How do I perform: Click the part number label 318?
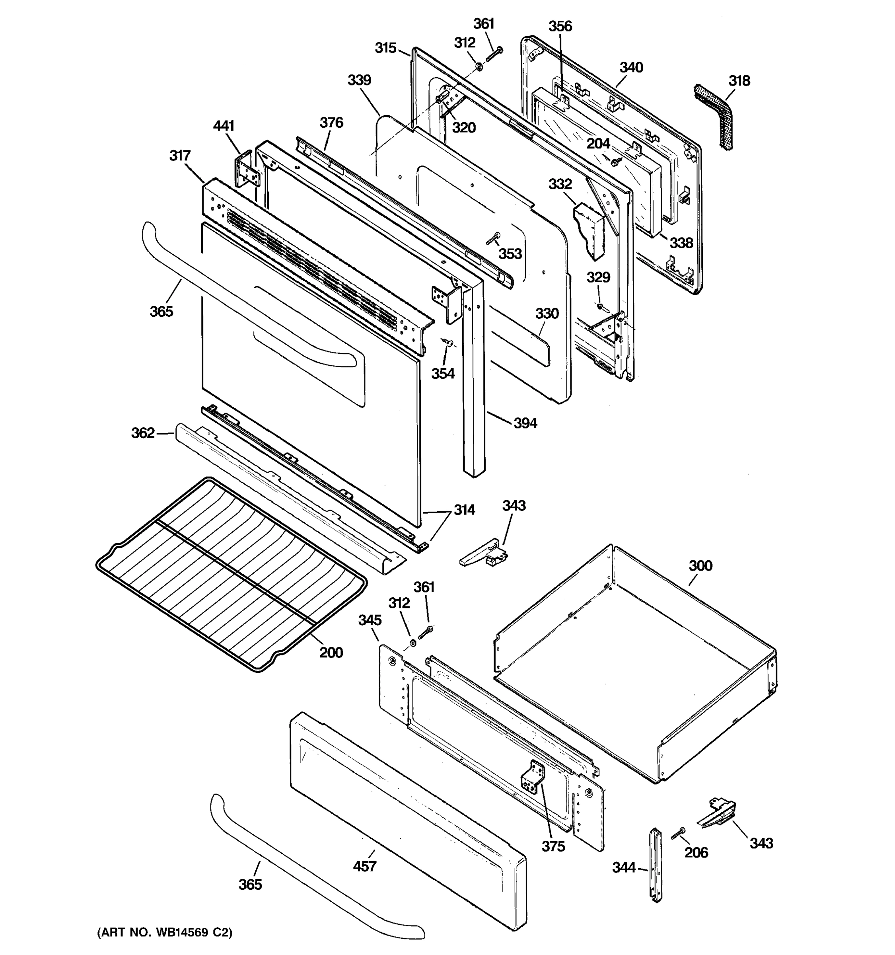739,81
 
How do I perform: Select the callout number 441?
224,126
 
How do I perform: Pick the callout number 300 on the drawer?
700,565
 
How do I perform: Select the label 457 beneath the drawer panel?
364,866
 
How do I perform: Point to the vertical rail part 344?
656,865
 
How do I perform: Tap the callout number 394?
525,423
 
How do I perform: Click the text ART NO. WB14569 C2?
165,933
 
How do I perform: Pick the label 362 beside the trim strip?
143,433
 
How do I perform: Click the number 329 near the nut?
598,277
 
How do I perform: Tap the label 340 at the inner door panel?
631,67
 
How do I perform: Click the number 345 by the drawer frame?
370,620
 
